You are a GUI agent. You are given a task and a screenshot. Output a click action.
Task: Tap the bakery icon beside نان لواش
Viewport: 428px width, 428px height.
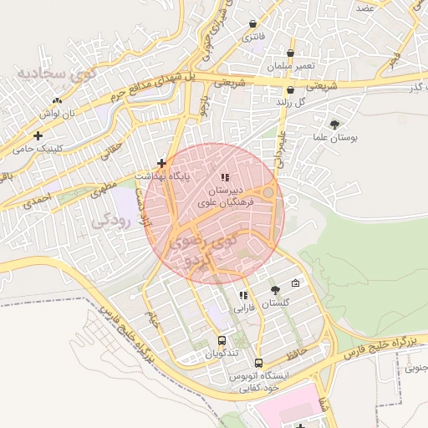[57, 101]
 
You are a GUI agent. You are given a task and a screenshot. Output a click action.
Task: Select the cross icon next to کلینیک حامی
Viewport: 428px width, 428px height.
[38, 135]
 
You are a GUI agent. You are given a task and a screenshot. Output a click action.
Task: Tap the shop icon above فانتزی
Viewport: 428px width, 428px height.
[252, 24]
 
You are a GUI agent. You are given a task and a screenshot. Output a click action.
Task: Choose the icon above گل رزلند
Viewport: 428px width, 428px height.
[290, 89]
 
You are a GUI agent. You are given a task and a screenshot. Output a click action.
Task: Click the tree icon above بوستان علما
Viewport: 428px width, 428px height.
[335, 124]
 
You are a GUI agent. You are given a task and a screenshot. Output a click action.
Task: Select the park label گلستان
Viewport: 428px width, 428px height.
[280, 304]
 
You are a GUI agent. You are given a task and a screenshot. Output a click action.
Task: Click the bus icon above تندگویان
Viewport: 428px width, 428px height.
[222, 340]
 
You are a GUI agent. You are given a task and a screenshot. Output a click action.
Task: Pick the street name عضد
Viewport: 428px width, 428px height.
[364, 7]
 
